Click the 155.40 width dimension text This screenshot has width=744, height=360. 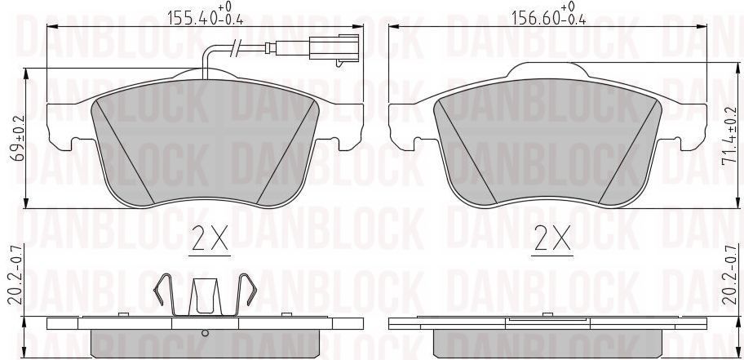(x=206, y=14)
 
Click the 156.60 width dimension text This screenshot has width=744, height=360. (x=549, y=14)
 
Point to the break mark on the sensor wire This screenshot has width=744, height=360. (x=233, y=50)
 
